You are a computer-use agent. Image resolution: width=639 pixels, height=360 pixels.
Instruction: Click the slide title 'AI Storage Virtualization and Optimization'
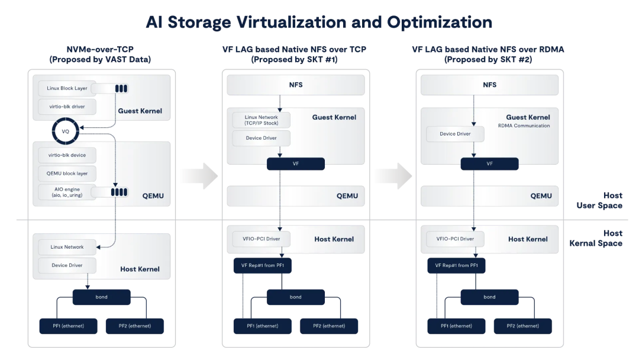point(319,22)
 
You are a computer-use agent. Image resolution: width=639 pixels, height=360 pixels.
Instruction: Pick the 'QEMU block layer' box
point(67,173)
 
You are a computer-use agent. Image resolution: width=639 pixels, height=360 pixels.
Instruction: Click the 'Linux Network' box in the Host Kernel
point(67,247)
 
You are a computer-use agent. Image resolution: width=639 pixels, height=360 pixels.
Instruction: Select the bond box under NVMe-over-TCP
point(102,297)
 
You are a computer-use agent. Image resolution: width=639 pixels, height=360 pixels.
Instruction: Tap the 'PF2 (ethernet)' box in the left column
point(135,326)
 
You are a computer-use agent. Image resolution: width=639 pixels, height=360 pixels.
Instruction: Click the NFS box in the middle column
point(296,85)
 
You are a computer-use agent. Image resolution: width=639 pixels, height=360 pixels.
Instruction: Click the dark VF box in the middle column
point(296,163)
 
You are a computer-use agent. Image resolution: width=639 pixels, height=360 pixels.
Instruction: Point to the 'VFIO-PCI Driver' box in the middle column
point(262,239)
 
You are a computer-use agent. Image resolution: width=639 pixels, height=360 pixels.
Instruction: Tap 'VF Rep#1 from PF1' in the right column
point(456,265)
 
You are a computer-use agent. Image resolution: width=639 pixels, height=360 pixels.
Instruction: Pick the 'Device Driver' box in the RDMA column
point(456,134)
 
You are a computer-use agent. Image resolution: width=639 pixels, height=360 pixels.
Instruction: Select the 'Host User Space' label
point(600,200)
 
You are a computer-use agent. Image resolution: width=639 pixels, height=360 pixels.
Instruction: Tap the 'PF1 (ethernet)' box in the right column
point(456,326)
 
